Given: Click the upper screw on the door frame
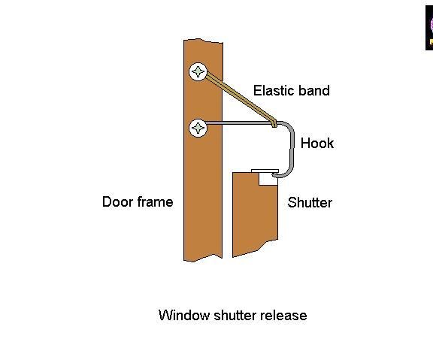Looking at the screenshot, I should click(x=198, y=72).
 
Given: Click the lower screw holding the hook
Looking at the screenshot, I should click(x=198, y=128).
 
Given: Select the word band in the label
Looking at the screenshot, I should click(x=314, y=91).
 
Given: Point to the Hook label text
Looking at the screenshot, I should click(x=316, y=144).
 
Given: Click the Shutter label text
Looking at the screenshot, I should click(x=310, y=203).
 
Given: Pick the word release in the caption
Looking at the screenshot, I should click(x=283, y=316).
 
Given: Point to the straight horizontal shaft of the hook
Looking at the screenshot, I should click(x=241, y=123).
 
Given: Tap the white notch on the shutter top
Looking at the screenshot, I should click(x=266, y=177).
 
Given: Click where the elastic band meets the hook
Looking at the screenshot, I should click(x=274, y=122).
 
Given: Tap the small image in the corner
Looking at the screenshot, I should click(x=429, y=26).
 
